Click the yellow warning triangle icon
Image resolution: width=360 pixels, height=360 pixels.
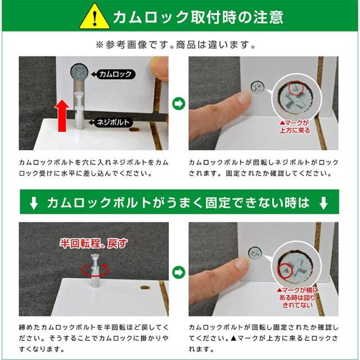click(94, 17)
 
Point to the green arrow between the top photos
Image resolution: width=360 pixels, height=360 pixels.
click(179, 103)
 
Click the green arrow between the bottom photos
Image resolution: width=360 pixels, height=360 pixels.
click(179, 272)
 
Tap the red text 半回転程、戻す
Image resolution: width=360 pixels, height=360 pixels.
click(94, 244)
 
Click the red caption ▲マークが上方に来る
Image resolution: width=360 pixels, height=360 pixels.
click(295, 127)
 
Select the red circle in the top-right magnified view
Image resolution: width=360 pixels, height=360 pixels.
click(296, 88)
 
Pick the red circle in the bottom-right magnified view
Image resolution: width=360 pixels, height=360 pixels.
click(285, 270)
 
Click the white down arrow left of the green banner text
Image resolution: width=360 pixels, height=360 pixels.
click(34, 202)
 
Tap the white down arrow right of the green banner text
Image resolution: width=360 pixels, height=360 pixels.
click(323, 202)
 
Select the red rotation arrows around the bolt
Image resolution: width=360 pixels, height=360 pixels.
click(94, 270)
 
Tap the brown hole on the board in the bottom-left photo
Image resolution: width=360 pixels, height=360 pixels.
click(145, 287)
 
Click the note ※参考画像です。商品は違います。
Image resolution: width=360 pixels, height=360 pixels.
click(176, 45)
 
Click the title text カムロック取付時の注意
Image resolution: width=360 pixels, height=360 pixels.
click(198, 17)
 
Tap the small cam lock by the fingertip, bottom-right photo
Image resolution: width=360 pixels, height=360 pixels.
click(255, 253)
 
